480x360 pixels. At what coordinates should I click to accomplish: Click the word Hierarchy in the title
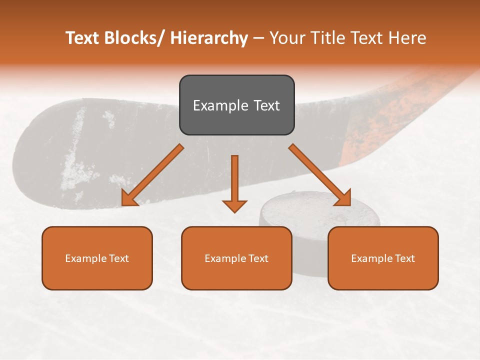(209, 38)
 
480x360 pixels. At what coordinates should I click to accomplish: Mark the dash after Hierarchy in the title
(258, 38)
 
